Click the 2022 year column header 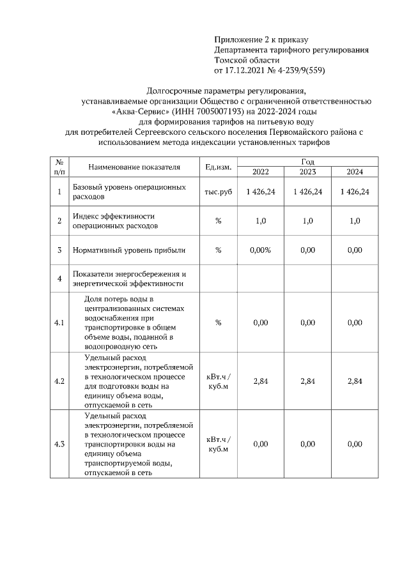[260, 172]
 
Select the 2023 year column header [307, 172]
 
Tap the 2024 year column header [355, 172]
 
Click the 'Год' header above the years [307, 162]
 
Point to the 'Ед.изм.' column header [218, 167]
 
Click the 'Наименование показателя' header [134, 167]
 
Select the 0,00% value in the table [260, 250]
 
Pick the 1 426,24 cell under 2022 [260, 192]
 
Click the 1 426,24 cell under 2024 [355, 192]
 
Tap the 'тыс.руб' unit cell [218, 192]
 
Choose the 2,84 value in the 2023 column [307, 381]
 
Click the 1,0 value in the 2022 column [260, 221]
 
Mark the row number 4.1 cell [59, 323]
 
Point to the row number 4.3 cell [59, 445]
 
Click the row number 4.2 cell [59, 381]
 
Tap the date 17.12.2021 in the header [249, 70]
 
